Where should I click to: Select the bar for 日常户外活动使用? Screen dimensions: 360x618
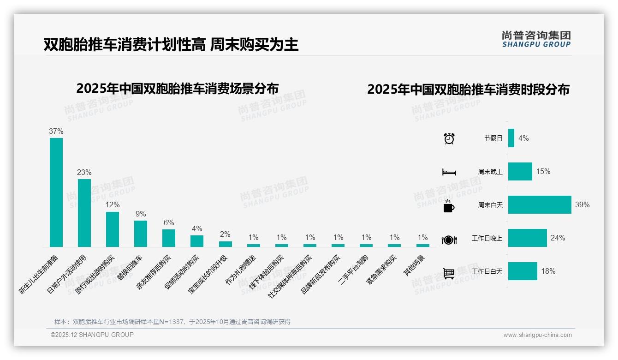[84, 213]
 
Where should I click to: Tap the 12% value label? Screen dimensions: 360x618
[113, 204]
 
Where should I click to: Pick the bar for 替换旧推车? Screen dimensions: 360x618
[141, 234]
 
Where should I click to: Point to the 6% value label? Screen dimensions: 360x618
[169, 222]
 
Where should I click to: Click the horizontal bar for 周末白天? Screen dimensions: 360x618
[540, 204]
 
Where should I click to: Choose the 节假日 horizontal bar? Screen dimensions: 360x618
[511, 138]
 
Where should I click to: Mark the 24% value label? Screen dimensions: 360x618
[558, 238]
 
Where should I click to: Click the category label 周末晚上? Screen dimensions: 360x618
[490, 172]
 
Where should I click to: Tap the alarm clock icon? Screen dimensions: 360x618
[449, 138]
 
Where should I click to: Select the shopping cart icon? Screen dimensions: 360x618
[449, 273]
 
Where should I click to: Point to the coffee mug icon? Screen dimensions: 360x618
[449, 206]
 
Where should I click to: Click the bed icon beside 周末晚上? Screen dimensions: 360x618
[449, 172]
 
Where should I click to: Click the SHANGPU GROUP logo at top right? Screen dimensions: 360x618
[536, 39]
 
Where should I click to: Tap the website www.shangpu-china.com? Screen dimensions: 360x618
[537, 335]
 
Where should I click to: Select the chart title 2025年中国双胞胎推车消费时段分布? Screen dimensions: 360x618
[468, 90]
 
